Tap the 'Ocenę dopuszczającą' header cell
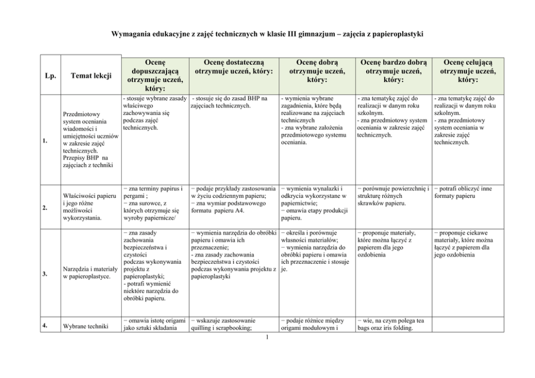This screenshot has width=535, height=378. (155, 75)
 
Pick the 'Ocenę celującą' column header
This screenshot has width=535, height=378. (468, 71)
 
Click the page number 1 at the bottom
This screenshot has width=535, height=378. (267, 338)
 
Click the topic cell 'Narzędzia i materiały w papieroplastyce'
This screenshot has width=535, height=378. (87, 273)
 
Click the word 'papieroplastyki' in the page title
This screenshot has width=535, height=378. (396, 34)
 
